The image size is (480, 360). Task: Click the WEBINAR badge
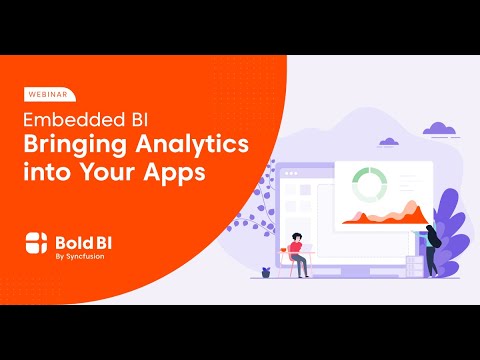click(46, 95)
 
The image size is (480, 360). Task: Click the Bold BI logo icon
click(36, 242)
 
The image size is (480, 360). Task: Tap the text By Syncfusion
click(78, 253)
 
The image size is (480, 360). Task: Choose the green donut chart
click(369, 184)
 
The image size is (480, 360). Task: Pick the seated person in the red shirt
click(297, 249)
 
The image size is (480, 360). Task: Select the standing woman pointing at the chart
click(431, 249)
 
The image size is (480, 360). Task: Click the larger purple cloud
click(438, 128)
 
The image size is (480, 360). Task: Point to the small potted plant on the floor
click(265, 271)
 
